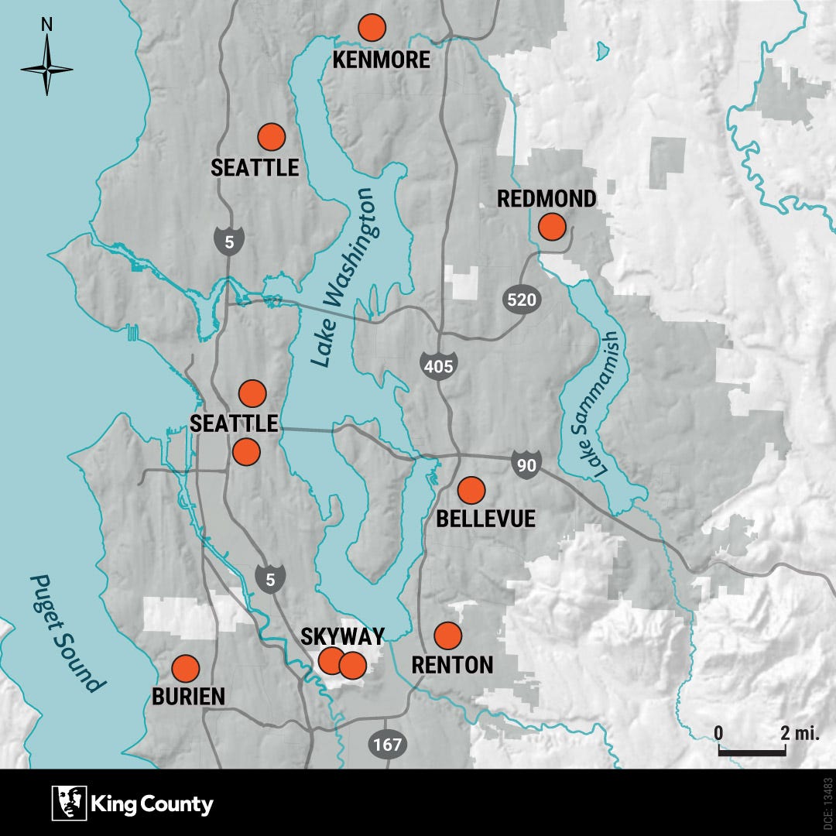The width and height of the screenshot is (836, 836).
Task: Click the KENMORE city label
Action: coord(381,60)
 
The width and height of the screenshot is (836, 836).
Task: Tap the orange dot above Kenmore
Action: coord(372,28)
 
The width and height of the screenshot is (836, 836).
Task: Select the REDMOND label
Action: coord(546,199)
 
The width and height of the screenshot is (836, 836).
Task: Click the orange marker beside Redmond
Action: coord(552,227)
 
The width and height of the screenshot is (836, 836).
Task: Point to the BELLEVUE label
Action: coord(485,519)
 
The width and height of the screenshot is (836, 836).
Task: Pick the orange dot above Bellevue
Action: coord(471,490)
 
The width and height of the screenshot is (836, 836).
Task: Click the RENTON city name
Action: coord(452,665)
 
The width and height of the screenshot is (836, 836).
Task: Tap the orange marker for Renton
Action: coord(447,636)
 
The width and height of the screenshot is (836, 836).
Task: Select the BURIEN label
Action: coord(188,696)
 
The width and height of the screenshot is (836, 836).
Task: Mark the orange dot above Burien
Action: coord(185,668)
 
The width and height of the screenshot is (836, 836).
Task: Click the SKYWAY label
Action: coord(342,637)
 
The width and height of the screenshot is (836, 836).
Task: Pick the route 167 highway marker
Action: coord(387,744)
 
